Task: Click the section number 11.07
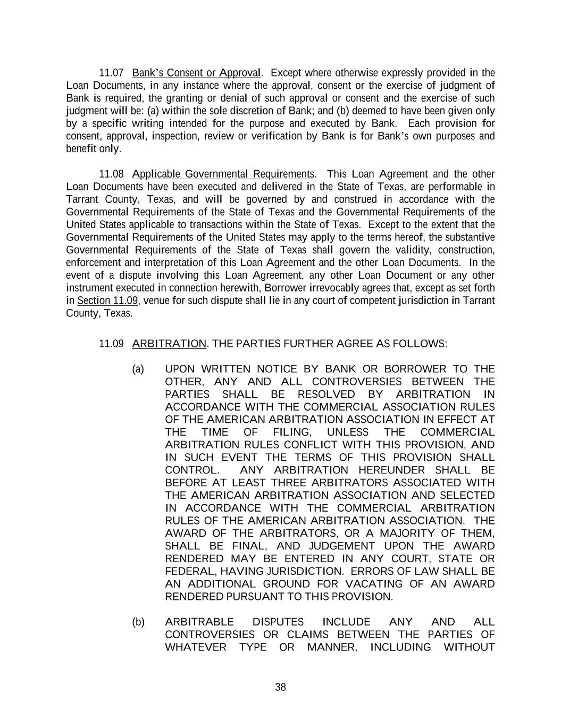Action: pyautogui.click(x=111, y=73)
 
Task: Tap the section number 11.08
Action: pyautogui.click(x=111, y=174)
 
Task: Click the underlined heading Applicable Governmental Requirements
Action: pyautogui.click(x=223, y=174)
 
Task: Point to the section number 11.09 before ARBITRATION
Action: pyautogui.click(x=111, y=344)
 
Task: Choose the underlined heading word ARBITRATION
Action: pyautogui.click(x=169, y=344)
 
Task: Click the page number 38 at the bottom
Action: pyautogui.click(x=280, y=687)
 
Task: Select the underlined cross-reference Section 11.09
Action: pyautogui.click(x=107, y=301)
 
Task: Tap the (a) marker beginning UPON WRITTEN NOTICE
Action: pyautogui.click(x=138, y=369)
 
